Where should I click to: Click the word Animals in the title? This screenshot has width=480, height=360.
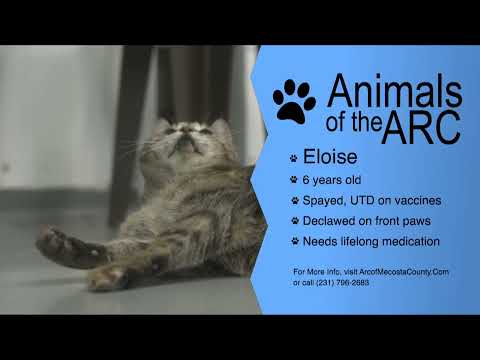pos(395,91)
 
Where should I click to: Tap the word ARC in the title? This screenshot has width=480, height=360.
pos(426,126)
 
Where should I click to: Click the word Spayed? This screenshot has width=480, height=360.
pos(327,201)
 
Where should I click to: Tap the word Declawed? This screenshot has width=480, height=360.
pos(333,220)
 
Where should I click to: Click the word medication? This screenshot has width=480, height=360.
pos(409,241)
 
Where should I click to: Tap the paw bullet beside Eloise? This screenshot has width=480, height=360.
pos(293,158)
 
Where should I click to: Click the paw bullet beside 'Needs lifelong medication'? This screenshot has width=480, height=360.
pos(294,241)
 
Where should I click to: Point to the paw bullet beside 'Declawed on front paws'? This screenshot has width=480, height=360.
pos(294,221)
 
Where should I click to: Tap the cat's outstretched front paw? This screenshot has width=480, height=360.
pos(56,240)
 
